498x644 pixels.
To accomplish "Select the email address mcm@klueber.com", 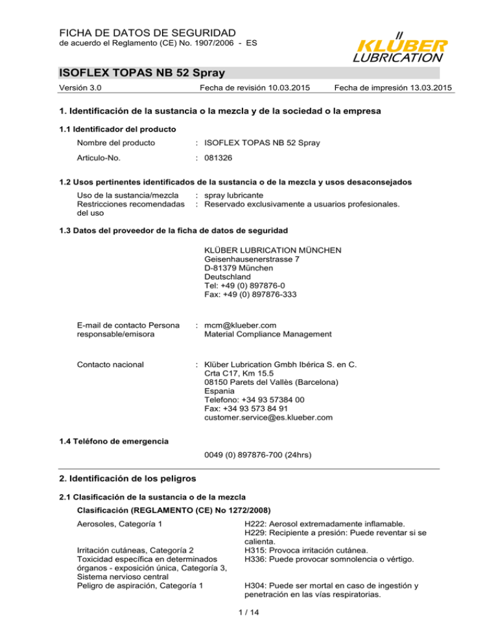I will click(x=240, y=324).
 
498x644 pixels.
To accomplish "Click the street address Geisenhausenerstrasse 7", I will click(x=252, y=259).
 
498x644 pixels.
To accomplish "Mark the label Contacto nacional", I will click(x=110, y=365).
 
